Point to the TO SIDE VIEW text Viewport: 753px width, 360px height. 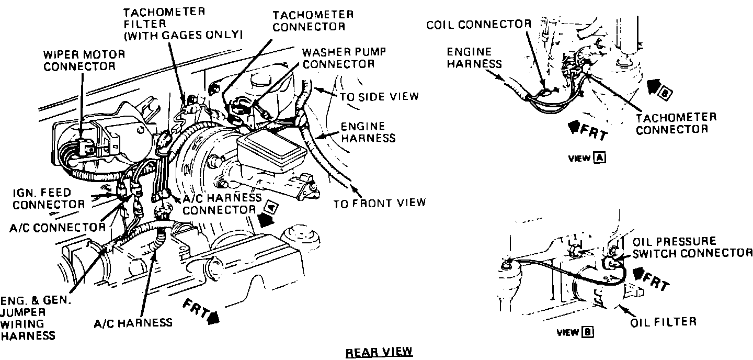(x=379, y=96)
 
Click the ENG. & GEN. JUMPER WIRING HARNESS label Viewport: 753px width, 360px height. (x=36, y=318)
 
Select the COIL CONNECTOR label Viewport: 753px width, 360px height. (x=478, y=25)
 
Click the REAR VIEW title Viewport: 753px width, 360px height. (x=379, y=352)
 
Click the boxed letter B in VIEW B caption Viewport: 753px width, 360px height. (x=588, y=332)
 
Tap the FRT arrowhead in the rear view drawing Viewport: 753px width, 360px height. (x=213, y=317)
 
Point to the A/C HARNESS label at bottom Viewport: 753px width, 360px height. (x=133, y=322)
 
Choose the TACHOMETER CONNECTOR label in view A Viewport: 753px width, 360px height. (x=676, y=123)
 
